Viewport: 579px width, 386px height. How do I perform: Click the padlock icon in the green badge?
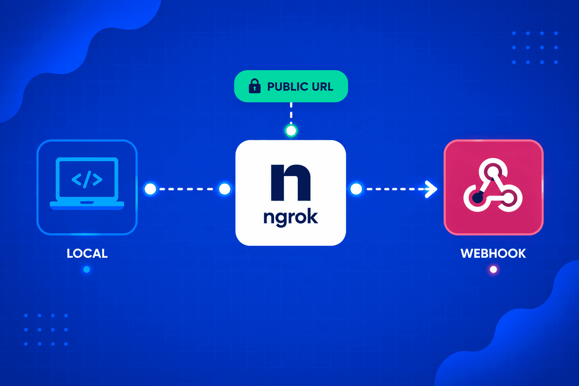[x=254, y=86]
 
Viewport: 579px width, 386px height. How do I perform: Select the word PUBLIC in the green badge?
[x=288, y=87]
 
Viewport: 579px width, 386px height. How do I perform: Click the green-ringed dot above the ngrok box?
[x=291, y=130]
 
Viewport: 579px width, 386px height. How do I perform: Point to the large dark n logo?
[x=291, y=182]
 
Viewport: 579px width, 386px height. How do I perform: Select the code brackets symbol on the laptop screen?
[x=87, y=179]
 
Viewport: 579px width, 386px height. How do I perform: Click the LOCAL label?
[x=87, y=253]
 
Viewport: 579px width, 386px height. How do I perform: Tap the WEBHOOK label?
[x=493, y=253]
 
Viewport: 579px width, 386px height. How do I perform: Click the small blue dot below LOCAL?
[x=87, y=270]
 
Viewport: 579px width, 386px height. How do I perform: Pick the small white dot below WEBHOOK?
[x=493, y=270]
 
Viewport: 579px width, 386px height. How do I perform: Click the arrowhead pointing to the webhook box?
[x=431, y=189]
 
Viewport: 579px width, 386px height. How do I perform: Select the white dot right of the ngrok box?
[x=356, y=189]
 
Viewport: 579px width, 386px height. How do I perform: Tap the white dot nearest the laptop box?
[x=150, y=189]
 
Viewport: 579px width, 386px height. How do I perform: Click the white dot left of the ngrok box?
[x=225, y=189]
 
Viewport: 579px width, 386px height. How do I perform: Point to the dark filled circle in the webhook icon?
[x=478, y=198]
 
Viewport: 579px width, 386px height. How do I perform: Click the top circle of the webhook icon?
[x=493, y=171]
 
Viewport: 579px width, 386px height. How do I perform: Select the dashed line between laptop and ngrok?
[x=187, y=189]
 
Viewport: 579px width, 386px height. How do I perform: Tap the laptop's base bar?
[x=87, y=205]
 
